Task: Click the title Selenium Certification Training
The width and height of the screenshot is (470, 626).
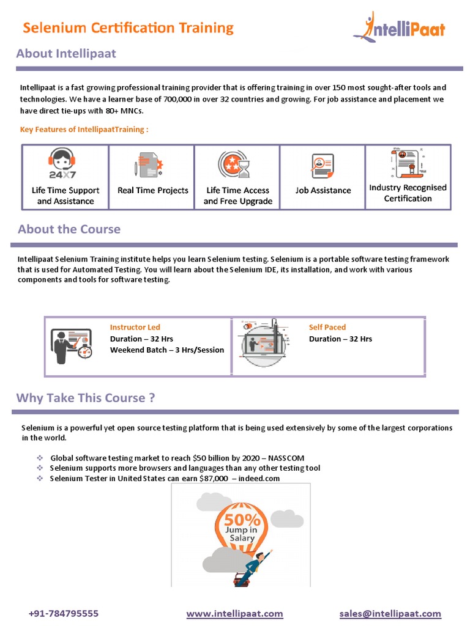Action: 128,28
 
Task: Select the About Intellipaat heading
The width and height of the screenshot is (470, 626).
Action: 66,53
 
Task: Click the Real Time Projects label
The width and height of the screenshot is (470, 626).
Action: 153,190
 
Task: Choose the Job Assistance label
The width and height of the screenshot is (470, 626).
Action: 323,190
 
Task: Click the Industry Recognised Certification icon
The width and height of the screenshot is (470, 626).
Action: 405,163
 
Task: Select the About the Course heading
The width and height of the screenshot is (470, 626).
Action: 69,229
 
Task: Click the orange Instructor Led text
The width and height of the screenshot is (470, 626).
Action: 135,327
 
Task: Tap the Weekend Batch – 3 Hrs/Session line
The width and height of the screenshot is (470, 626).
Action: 167,350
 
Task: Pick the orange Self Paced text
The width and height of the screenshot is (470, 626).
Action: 327,327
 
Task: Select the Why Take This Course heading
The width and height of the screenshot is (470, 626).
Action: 85,398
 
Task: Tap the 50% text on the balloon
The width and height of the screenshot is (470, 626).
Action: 242,520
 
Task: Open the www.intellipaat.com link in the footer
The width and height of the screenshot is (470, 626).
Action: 234,613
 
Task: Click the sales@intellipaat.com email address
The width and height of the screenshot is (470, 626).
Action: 390,613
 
